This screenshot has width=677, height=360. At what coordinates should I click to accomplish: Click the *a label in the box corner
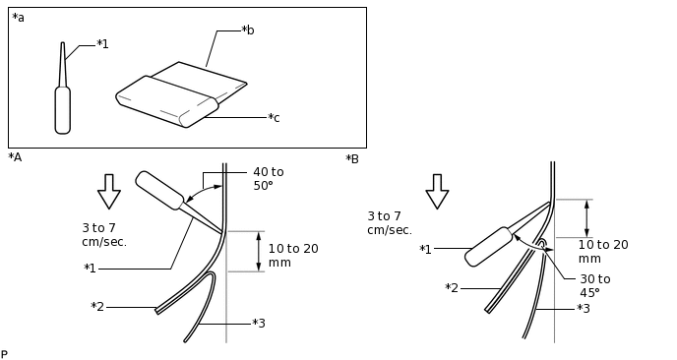[x=18, y=18]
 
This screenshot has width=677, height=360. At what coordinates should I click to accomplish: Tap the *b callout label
[x=248, y=30]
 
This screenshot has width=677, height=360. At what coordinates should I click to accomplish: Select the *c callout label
[x=274, y=117]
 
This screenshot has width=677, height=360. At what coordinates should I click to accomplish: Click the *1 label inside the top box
[x=102, y=44]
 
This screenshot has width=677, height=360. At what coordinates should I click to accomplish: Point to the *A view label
[x=15, y=157]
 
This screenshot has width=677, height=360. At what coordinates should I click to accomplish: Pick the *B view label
[x=352, y=159]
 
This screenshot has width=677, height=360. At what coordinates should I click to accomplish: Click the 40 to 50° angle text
[x=269, y=179]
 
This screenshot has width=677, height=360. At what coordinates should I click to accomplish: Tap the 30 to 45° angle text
[x=595, y=286]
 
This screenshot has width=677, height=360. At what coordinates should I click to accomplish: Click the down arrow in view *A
[x=109, y=192]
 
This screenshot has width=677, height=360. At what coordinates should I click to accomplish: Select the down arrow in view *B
[x=437, y=192]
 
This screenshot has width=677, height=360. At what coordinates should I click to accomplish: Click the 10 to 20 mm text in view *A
[x=293, y=256]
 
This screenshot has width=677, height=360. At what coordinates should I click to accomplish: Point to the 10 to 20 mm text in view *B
[x=603, y=252]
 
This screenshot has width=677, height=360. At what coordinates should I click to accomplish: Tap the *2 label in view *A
[x=97, y=307]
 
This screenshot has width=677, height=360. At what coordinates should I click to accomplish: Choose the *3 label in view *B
[x=584, y=309]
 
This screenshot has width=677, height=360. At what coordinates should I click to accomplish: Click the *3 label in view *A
[x=259, y=323]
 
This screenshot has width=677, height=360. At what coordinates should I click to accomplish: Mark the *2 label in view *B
[x=452, y=288]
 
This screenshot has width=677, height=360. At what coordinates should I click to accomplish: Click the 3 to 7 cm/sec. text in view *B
[x=390, y=223]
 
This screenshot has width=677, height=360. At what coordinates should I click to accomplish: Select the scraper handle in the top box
[x=167, y=101]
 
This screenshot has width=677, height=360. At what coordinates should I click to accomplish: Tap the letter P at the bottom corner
[x=4, y=355]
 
